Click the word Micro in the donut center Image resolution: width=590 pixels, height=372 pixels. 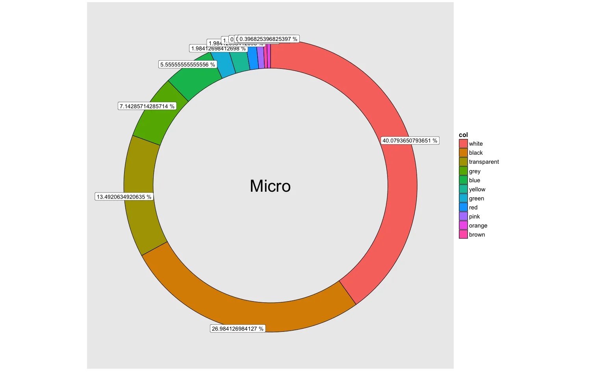(x=270, y=186)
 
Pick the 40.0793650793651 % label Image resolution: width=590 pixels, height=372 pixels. (x=410, y=141)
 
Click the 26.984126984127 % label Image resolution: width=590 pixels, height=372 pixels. (x=237, y=329)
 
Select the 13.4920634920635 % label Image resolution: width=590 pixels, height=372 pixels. (x=124, y=197)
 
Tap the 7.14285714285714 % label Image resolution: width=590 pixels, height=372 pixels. (x=147, y=106)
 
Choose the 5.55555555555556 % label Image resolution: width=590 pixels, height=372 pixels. (x=187, y=65)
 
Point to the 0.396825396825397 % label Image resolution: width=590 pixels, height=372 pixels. (x=268, y=39)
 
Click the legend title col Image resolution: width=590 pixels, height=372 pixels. (x=463, y=135)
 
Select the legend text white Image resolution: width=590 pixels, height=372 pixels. (x=476, y=144)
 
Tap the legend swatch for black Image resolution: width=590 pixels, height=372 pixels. (x=463, y=153)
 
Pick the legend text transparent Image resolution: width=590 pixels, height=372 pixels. (x=484, y=162)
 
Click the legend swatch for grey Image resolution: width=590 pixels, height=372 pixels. (x=463, y=171)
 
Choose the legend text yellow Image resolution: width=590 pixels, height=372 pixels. (x=477, y=189)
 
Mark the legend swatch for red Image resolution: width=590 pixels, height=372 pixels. (x=463, y=207)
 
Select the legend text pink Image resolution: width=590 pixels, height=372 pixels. (x=474, y=217)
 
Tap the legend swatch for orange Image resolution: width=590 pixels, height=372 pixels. (x=463, y=226)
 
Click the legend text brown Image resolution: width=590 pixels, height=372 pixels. (x=477, y=235)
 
